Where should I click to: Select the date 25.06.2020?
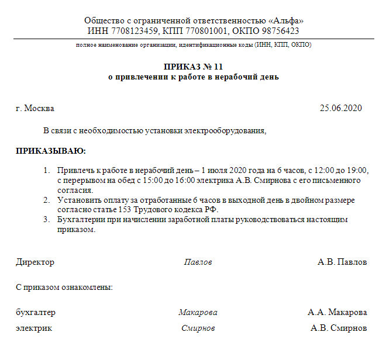[341, 108]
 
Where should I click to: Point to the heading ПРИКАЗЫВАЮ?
[50, 151]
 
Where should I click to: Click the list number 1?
[46, 170]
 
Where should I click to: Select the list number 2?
[46, 200]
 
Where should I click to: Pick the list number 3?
[46, 220]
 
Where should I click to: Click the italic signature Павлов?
[198, 262]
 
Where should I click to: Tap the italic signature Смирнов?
[198, 328]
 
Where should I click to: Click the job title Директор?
[35, 262]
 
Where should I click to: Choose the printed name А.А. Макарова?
[337, 312]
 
